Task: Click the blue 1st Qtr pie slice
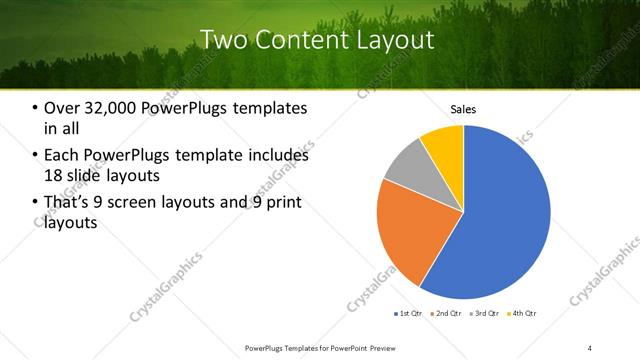pos(500,215)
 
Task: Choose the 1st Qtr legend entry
pos(408,314)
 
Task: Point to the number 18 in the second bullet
pos(55,175)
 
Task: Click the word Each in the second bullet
pos(62,156)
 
